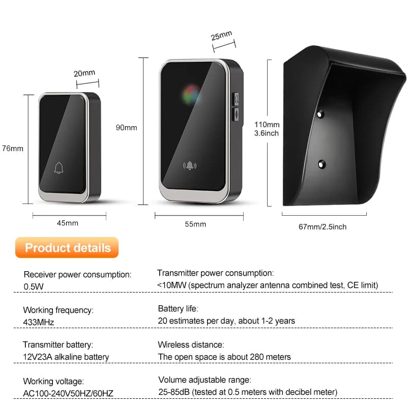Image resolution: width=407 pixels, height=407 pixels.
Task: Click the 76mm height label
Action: [x=13, y=149]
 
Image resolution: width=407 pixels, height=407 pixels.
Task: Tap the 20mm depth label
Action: [x=84, y=73]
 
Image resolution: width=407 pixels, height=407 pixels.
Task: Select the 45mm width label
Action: [x=68, y=223]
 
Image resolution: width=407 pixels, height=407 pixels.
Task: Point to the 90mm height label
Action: [x=126, y=128]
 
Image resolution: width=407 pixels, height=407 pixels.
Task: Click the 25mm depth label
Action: [x=221, y=36]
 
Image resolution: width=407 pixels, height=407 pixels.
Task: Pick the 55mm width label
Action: [x=195, y=224]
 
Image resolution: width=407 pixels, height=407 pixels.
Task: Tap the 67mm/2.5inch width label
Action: [x=323, y=227]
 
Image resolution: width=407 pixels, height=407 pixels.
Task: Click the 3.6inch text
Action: [x=266, y=133]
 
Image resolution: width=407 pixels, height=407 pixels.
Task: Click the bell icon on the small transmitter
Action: [x=59, y=168]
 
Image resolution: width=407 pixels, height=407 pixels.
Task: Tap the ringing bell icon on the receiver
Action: [x=190, y=165]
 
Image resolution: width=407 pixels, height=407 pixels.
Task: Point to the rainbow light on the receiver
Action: [x=191, y=95]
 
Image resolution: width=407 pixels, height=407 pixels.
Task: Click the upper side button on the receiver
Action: [x=236, y=99]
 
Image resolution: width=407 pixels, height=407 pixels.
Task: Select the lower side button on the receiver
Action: [x=236, y=114]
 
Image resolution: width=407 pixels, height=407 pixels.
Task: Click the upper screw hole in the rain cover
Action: [x=321, y=113]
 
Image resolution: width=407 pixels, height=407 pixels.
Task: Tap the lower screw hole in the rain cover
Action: [x=322, y=164]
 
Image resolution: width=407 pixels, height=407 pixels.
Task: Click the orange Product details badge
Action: [x=67, y=248]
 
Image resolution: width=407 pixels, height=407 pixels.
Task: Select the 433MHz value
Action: [x=39, y=322]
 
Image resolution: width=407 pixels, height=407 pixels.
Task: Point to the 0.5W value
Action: [x=34, y=286]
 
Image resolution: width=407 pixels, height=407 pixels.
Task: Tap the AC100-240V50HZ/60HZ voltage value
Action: [x=68, y=393]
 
